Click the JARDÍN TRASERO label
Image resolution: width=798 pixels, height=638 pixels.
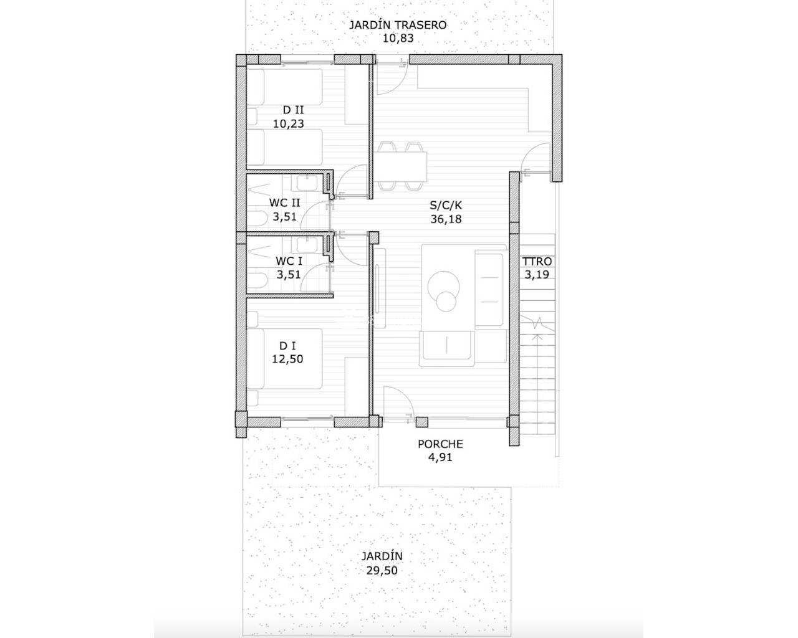(x=398, y=25)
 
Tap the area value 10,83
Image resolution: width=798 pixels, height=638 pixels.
(x=398, y=38)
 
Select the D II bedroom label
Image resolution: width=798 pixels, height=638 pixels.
(x=293, y=110)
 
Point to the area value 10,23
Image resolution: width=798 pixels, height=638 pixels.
(x=289, y=124)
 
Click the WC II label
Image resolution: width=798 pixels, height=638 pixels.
(x=284, y=202)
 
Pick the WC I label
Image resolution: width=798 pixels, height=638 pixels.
(x=289, y=261)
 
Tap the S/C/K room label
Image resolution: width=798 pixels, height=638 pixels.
(x=446, y=205)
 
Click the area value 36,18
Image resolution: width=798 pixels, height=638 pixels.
(x=446, y=219)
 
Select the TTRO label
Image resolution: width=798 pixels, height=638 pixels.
(x=537, y=262)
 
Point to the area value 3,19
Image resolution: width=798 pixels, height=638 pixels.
(x=537, y=275)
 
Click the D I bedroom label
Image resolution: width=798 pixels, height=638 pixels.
(x=287, y=346)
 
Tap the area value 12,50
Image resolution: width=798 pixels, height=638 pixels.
(x=287, y=359)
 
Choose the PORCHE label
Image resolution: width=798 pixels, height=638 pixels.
(x=441, y=444)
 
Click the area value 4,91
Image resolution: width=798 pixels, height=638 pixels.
(x=441, y=457)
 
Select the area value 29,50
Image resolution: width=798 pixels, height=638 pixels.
(x=382, y=571)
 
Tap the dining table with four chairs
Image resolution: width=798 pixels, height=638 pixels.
(x=400, y=166)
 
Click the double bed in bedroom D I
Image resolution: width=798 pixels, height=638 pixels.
(x=284, y=359)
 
